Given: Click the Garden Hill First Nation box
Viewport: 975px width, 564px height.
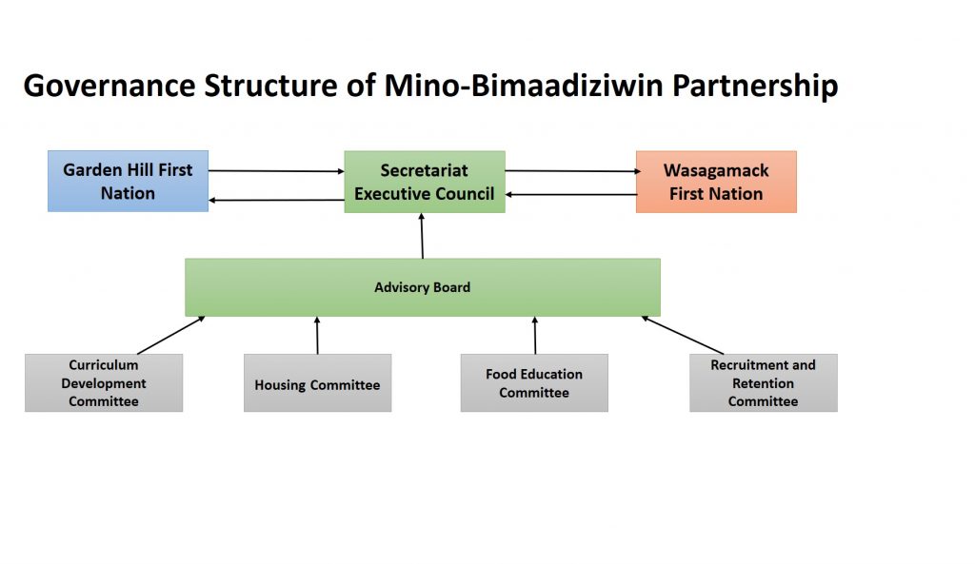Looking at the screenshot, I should click(128, 181).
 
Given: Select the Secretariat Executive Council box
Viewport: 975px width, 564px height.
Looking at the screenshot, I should click(424, 182).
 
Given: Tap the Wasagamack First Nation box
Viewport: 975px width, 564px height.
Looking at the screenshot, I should click(715, 182).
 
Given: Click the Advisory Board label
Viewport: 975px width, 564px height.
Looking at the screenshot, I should click(422, 287).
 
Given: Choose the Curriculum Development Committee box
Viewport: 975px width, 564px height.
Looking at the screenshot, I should click(103, 382).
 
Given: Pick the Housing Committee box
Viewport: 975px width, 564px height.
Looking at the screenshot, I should click(317, 384).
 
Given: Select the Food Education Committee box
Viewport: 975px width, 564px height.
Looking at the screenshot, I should click(533, 383).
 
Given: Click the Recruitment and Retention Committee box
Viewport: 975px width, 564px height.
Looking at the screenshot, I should click(763, 382).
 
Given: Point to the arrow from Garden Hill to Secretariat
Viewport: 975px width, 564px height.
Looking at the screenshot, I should click(276, 171).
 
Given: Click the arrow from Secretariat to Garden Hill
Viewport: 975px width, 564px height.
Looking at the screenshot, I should click(276, 200).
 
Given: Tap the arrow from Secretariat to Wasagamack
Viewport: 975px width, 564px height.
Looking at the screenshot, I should click(571, 171).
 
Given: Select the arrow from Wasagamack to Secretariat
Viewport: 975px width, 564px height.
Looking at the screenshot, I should click(571, 194).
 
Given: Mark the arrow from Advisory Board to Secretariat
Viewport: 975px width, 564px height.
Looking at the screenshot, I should click(422, 236).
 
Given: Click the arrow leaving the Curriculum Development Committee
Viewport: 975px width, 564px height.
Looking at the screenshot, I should click(171, 335).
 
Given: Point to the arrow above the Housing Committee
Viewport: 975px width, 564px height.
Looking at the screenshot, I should click(317, 336).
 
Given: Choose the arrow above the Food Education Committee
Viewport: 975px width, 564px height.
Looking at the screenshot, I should click(534, 336).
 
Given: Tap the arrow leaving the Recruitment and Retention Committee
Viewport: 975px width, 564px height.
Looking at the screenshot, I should click(682, 335).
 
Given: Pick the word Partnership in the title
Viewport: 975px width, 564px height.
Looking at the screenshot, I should click(756, 86).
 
